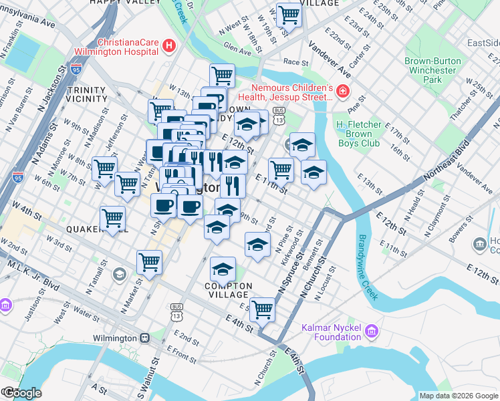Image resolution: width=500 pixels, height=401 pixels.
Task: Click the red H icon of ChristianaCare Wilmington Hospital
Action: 169,46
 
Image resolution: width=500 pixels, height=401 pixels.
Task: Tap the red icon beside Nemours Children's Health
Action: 342,90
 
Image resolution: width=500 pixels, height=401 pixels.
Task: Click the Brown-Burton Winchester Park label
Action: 432,70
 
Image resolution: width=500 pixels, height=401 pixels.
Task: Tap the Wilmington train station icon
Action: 144,338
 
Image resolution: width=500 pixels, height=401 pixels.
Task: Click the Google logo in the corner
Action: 21,392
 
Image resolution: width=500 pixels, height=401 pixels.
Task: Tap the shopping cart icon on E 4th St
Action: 263,308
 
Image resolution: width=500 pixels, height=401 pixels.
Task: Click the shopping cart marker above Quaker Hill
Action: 112,217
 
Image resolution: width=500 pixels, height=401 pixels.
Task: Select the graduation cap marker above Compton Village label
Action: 223,269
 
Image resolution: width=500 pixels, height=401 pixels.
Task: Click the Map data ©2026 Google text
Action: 459,396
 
